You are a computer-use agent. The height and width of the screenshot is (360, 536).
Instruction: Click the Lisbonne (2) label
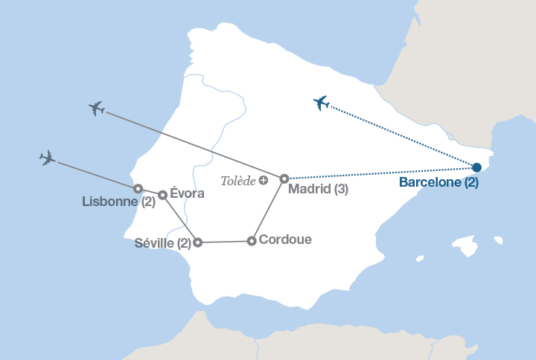(x=119, y=201)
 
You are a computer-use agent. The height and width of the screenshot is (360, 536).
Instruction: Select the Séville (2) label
(x=163, y=242)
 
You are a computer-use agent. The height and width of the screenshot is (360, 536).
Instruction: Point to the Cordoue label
(x=286, y=240)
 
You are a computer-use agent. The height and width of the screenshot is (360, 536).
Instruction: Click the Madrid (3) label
(x=318, y=189)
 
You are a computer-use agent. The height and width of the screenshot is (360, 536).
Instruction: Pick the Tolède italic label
(x=238, y=181)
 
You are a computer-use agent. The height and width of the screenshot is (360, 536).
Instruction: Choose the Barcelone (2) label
(x=438, y=182)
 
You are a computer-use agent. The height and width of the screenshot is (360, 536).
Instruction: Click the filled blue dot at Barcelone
(x=476, y=167)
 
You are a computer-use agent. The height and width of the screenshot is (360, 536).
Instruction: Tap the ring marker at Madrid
(x=284, y=179)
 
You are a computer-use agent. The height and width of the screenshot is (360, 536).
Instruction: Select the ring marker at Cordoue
(x=252, y=240)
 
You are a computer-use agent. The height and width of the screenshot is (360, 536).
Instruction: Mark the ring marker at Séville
(x=197, y=242)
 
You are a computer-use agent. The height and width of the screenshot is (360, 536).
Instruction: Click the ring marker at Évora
(x=162, y=195)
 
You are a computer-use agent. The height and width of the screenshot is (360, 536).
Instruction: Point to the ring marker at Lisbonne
(x=138, y=189)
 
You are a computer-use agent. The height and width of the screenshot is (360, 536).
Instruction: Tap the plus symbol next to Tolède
(x=263, y=181)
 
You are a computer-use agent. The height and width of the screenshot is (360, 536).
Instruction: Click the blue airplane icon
(x=321, y=103)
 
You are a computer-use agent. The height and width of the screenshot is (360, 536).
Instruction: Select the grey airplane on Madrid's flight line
(x=96, y=109)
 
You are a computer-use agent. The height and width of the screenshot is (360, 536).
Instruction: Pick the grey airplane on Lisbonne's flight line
(x=48, y=158)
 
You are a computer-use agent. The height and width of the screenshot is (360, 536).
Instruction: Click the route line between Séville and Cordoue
(x=224, y=241)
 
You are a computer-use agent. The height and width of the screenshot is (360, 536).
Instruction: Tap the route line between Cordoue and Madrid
(x=268, y=210)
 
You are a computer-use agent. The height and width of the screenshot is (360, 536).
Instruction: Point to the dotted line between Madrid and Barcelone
(x=380, y=173)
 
